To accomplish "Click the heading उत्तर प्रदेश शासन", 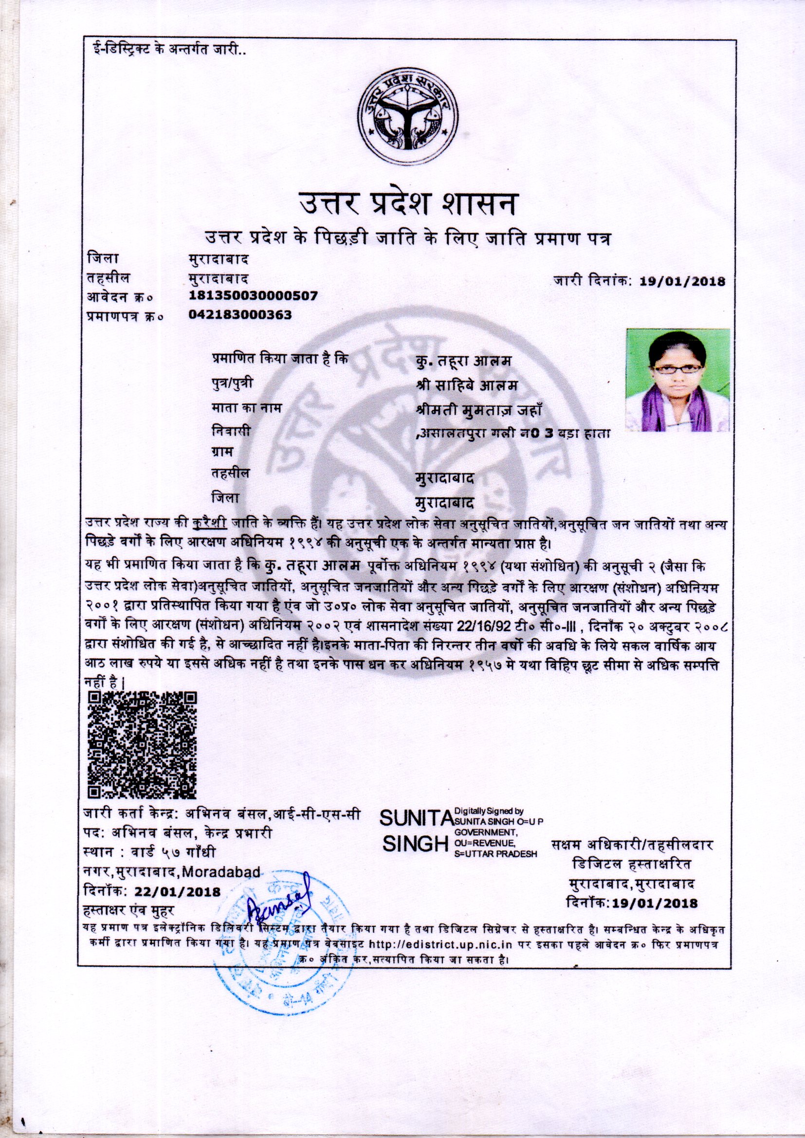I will coord(407,204).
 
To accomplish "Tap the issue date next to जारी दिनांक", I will coord(682,282).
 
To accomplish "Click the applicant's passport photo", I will coord(677,380).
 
